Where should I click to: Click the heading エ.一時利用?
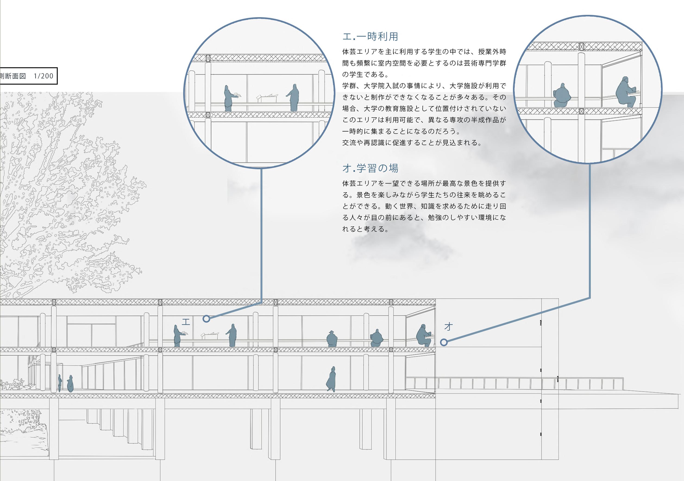point(370,37)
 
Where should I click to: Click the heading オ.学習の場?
point(370,168)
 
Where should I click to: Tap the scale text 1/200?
point(44,76)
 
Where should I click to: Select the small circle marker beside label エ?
point(206,319)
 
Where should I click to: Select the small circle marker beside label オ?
point(444,342)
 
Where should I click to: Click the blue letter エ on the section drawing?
point(186,322)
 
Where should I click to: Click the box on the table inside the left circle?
point(267,97)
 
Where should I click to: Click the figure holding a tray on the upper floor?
point(178,336)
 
